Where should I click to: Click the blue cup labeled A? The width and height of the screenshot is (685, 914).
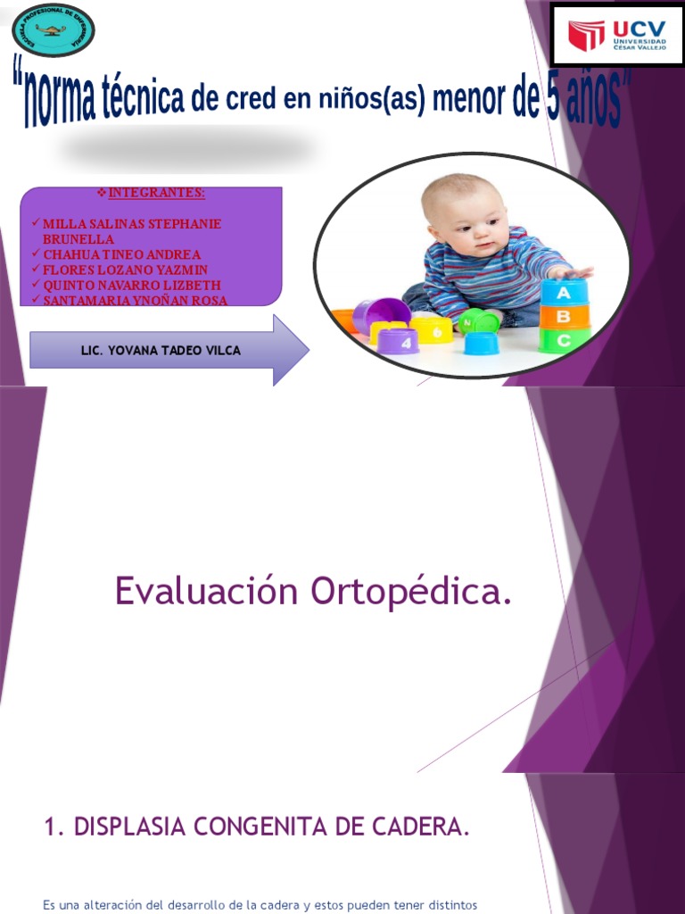[x=564, y=293]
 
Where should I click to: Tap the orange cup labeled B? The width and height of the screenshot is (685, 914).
[x=564, y=317]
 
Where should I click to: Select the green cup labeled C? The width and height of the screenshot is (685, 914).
[x=564, y=340]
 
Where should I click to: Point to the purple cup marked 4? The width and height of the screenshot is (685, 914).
[x=398, y=341]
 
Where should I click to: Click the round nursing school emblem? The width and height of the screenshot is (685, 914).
[x=53, y=29]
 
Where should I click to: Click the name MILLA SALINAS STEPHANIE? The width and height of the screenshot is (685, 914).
[x=132, y=224]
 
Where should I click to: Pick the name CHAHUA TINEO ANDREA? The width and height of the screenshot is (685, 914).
[x=122, y=254]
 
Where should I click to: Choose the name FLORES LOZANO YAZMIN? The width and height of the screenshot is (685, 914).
[x=125, y=270]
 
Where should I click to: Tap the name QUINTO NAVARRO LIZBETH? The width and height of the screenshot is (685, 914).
[x=132, y=285]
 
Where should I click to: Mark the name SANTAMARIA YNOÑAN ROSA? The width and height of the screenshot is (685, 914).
[x=135, y=300]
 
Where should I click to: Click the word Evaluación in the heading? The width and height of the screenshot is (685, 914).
[x=207, y=593]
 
